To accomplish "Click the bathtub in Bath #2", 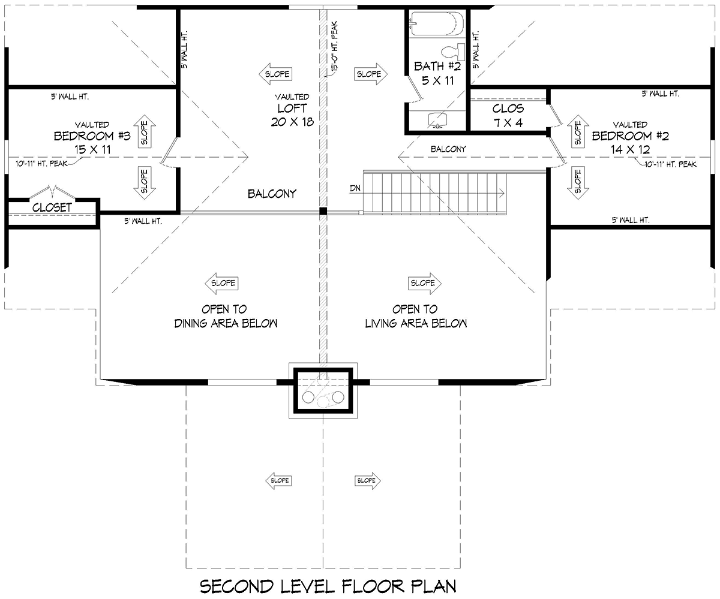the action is click(x=437, y=23).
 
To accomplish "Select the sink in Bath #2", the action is click(x=437, y=120).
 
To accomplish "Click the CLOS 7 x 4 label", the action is click(x=508, y=116).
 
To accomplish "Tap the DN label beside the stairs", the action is click(x=355, y=188).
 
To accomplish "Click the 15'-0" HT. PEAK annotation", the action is click(x=334, y=46).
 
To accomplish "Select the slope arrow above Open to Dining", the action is click(x=221, y=283).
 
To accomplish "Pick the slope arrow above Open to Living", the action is click(x=424, y=283).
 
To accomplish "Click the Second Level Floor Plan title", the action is click(x=328, y=586).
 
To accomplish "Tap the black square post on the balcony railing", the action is click(x=323, y=211).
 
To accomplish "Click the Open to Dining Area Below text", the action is click(x=226, y=316).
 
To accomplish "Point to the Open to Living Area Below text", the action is click(x=416, y=316).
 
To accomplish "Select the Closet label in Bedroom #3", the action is click(x=52, y=207).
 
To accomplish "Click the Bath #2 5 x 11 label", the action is click(x=437, y=73).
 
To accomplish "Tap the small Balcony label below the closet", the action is click(x=448, y=149).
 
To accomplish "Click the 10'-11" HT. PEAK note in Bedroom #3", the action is click(x=42, y=163).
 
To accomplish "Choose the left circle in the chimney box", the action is click(x=308, y=397).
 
